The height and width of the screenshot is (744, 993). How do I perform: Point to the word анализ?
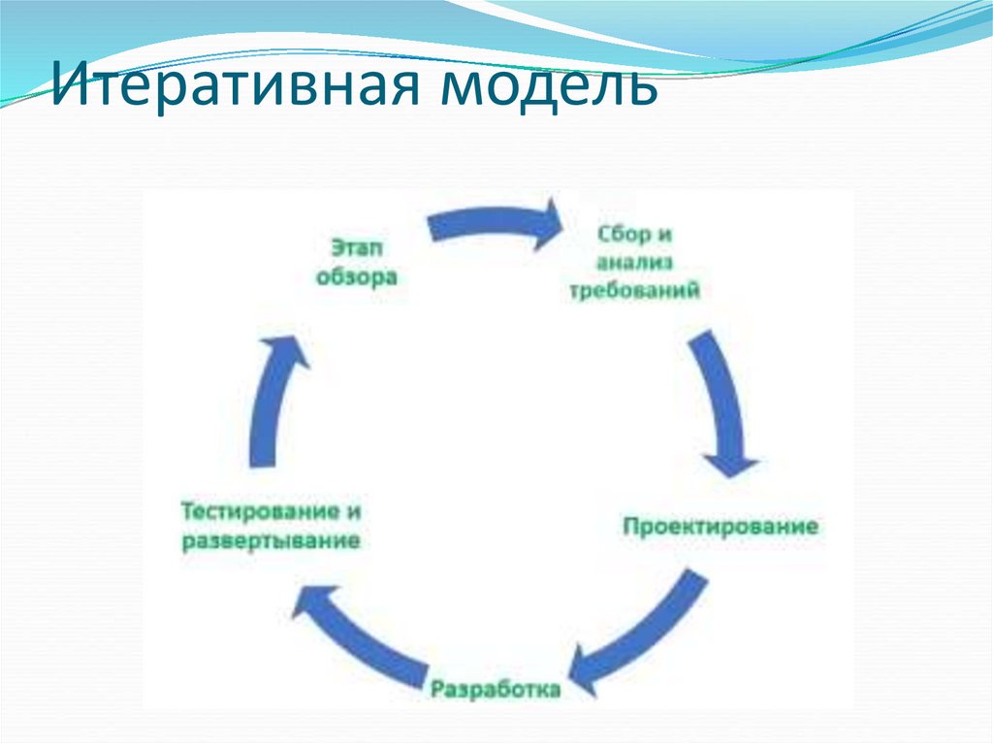tap(635, 263)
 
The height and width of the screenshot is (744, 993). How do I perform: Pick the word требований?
tap(635, 290)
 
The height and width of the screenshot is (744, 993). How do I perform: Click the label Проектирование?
tap(720, 527)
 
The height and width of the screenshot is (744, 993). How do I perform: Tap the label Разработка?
tap(496, 690)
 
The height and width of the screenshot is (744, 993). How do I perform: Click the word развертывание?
tap(271, 540)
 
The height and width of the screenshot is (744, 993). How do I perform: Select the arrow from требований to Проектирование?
tap(722, 398)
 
